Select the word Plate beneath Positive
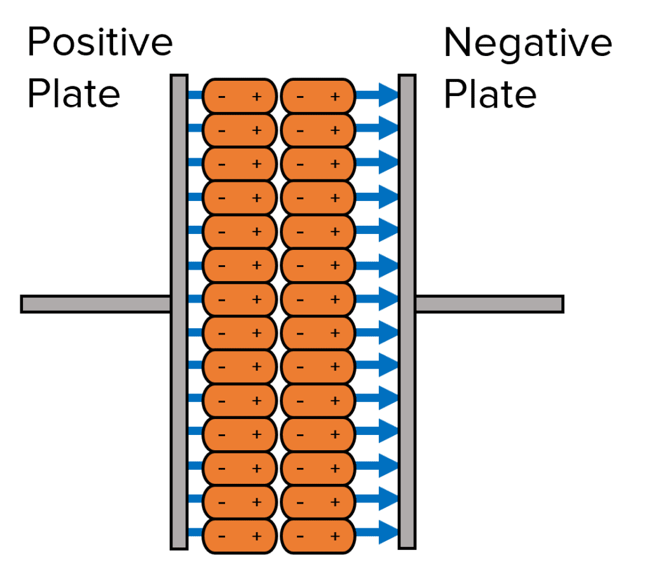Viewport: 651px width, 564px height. click(x=74, y=94)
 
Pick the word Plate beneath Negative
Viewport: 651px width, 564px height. click(x=490, y=94)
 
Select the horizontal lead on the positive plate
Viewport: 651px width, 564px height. click(x=95, y=304)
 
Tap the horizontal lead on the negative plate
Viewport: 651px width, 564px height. click(x=489, y=304)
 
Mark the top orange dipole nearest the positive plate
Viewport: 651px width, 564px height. click(x=239, y=96)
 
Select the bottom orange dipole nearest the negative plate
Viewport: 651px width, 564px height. click(x=317, y=535)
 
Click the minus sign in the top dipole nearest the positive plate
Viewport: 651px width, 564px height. click(x=221, y=97)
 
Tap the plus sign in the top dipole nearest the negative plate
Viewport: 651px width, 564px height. click(x=335, y=97)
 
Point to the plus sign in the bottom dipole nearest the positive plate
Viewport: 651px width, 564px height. click(x=257, y=535)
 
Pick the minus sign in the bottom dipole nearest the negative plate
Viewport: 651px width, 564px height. click(x=300, y=536)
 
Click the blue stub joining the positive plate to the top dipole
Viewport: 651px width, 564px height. click(x=195, y=95)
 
